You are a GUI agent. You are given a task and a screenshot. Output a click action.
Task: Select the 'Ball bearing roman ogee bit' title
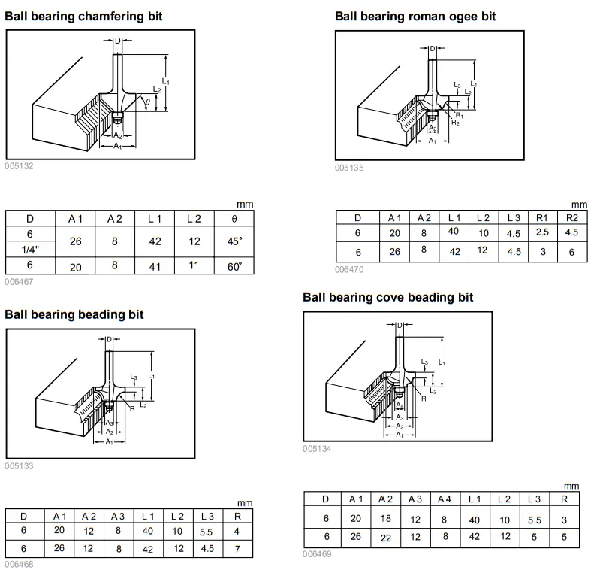[415, 16]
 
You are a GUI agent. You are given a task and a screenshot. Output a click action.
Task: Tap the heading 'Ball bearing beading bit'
[74, 314]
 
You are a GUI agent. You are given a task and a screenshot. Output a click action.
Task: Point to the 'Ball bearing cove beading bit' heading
[388, 297]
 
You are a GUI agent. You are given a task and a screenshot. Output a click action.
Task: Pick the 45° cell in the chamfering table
[235, 241]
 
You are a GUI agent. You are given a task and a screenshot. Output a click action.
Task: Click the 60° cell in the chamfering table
[235, 266]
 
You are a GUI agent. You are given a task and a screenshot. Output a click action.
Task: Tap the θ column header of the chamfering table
[235, 219]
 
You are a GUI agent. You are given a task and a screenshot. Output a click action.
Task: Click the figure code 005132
[19, 166]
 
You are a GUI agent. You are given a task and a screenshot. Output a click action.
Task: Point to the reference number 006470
[349, 268]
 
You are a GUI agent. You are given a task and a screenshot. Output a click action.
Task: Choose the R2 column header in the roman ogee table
[571, 217]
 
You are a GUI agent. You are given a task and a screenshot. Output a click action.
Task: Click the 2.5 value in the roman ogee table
[542, 232]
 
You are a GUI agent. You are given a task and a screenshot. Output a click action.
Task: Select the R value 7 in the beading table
[237, 549]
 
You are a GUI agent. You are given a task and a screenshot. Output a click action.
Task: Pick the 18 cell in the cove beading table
[386, 518]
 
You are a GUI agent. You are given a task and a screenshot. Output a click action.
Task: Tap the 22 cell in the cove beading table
[386, 537]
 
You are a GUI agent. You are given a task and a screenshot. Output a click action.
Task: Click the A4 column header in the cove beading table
[445, 499]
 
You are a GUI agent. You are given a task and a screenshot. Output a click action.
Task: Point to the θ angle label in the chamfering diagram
[147, 101]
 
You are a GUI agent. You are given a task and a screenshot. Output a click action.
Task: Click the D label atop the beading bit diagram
[110, 339]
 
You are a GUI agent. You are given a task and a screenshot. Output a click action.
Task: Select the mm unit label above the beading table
[245, 502]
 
